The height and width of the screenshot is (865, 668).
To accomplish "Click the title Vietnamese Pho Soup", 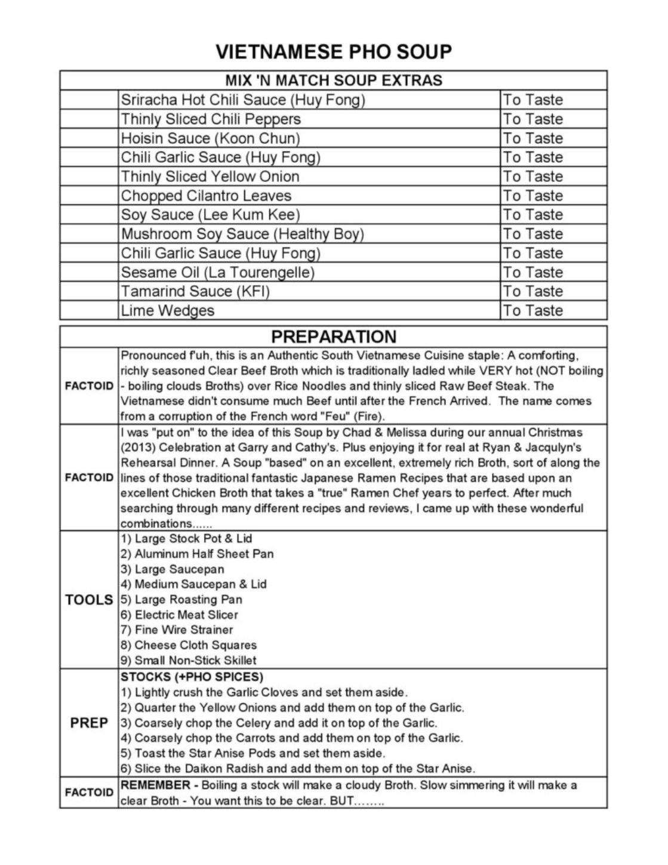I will pyautogui.click(x=334, y=52).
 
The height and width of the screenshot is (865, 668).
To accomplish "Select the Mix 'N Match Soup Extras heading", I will pyautogui.click(x=334, y=81).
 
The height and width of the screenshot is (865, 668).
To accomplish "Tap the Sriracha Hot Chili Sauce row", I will pyautogui.click(x=242, y=100).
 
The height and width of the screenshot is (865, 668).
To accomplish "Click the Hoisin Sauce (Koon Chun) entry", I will pyautogui.click(x=210, y=138).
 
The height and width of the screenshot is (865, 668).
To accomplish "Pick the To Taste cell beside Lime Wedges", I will pyautogui.click(x=532, y=311).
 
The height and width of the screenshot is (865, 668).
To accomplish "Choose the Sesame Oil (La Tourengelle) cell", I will pyautogui.click(x=217, y=273).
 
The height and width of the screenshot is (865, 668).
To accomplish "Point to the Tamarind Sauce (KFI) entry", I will pyautogui.click(x=195, y=292).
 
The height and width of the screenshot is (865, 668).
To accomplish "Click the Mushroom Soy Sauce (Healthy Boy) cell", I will pyautogui.click(x=242, y=234).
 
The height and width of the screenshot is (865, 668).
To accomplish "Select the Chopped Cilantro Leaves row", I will pyautogui.click(x=206, y=196).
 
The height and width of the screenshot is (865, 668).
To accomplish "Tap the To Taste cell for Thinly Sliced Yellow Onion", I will pyautogui.click(x=532, y=177).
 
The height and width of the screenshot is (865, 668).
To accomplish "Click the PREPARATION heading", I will pyautogui.click(x=334, y=336).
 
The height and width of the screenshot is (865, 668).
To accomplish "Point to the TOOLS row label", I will pyautogui.click(x=89, y=600).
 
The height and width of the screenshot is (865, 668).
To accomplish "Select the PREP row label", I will pyautogui.click(x=89, y=723).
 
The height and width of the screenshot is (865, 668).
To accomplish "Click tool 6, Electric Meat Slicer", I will pyautogui.click(x=179, y=614).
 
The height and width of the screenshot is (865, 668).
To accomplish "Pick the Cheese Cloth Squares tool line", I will pyautogui.click(x=189, y=645).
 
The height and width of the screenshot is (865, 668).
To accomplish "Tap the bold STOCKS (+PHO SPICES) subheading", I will pyautogui.click(x=192, y=677).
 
